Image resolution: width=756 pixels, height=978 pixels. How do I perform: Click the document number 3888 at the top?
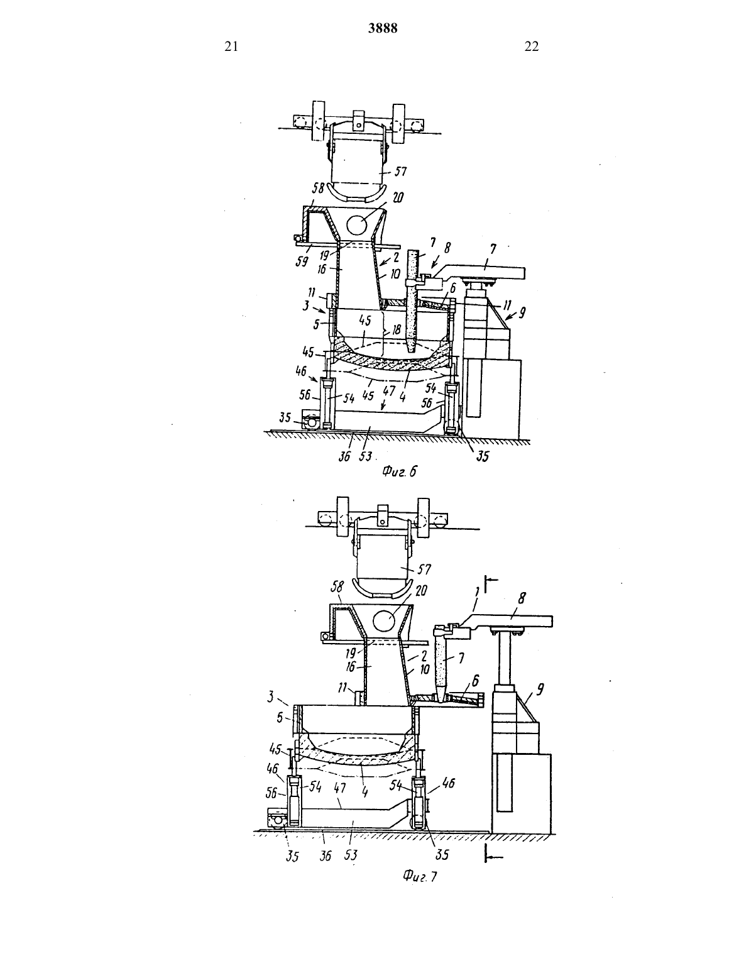(383, 28)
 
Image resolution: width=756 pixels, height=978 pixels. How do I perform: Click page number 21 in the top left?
(231, 47)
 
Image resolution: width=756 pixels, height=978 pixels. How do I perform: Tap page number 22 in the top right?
(532, 47)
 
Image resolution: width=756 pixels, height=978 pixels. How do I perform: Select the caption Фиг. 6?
(400, 471)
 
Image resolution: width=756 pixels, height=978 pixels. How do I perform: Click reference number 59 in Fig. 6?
(302, 261)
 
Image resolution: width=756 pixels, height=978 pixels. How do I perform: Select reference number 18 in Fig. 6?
(396, 331)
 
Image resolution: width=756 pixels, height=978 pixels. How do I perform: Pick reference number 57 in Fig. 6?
(400, 172)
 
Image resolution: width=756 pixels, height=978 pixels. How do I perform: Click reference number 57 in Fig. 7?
(424, 569)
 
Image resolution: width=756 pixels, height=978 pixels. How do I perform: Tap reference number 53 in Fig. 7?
(351, 854)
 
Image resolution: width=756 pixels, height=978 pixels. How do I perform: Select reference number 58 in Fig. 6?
(318, 188)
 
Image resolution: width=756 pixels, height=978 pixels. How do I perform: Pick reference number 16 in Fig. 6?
(321, 268)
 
